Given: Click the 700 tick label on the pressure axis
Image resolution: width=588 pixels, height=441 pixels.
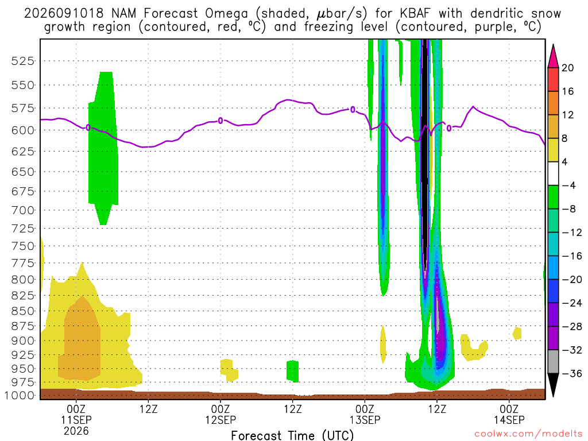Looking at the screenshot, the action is tap(22, 210).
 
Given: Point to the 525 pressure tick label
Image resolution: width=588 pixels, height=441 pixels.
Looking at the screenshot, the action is tap(22, 61).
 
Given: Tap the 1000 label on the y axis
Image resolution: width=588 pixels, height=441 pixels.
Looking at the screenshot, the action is tap(20, 395).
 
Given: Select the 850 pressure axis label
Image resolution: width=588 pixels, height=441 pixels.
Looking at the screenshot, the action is tap(22, 311).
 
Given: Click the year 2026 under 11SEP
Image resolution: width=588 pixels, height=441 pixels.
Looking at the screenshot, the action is tap(76, 431).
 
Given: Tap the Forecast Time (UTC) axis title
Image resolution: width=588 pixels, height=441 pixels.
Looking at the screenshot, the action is tap(292, 435).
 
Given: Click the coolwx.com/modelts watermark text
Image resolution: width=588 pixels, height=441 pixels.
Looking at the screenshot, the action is tap(528, 434).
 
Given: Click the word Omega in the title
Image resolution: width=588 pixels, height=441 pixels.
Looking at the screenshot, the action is tap(226, 14).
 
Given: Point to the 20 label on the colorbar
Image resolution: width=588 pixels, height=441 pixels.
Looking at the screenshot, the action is tap(567, 68).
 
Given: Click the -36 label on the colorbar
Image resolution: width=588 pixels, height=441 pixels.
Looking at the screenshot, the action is tap(571, 373).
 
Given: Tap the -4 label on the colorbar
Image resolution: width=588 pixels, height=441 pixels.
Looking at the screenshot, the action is tap(568, 185).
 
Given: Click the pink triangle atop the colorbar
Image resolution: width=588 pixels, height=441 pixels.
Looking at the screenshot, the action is tap(553, 57).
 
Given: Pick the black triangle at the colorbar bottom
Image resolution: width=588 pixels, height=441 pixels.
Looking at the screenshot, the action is tap(553, 384).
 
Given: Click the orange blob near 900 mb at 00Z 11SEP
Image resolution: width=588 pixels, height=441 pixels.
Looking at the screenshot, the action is tap(80, 339).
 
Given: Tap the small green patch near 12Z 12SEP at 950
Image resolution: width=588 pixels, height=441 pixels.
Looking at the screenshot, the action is tap(292, 372).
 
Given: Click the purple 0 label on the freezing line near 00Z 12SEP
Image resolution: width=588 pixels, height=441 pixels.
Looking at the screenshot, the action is tap(220, 121).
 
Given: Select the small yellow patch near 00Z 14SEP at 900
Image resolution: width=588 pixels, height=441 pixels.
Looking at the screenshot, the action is tap(517, 333).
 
